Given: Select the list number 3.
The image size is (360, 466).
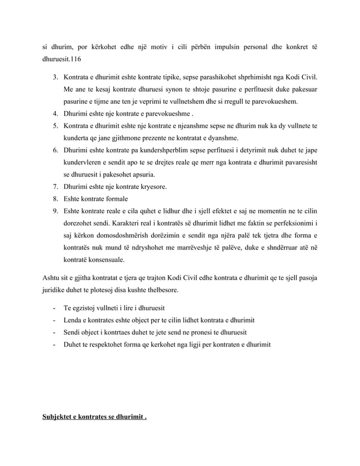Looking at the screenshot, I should [55, 76].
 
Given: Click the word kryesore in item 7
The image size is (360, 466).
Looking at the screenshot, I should [149, 187].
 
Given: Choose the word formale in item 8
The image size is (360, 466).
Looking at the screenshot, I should [114, 199].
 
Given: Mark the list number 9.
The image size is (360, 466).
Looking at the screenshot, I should [55, 212].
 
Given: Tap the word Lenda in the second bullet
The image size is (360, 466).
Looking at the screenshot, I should [73, 320].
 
